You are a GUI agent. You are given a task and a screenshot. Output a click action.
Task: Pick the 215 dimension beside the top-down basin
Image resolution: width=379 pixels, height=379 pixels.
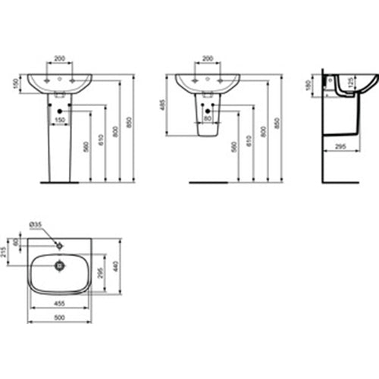[x=5, y=250]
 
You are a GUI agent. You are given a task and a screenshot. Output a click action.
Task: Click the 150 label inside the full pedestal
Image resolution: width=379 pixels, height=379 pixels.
[x=58, y=120]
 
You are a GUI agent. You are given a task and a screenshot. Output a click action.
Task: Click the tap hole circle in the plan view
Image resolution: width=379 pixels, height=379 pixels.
[x=58, y=246]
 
